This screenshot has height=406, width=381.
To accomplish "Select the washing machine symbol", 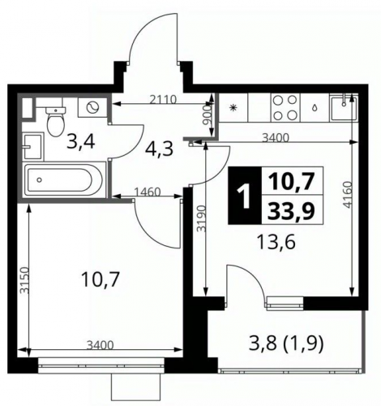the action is point(92,107).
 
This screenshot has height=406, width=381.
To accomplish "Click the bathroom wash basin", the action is point(33,146).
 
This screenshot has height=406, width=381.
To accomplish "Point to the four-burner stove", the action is point(285,107).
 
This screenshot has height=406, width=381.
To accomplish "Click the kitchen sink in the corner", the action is point(344,107).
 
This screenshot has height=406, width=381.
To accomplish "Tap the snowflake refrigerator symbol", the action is point(233,108).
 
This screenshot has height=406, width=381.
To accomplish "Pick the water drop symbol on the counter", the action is point(315,107).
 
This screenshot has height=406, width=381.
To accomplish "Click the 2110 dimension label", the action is point(163,99).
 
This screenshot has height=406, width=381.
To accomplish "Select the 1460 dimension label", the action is point(148,192).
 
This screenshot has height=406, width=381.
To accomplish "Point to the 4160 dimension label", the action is point(349,195).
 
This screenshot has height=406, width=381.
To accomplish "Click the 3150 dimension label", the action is point(25,280).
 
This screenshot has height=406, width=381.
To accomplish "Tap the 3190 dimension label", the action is point(201,218).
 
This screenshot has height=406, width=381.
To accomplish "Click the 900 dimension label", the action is point(207,114).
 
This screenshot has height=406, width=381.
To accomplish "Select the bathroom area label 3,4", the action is point(81,142).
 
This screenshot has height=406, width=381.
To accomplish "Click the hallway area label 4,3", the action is point(159,149).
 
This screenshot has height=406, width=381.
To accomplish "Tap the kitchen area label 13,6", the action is point(276,242).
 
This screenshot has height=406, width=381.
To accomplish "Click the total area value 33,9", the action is point(292,210).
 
